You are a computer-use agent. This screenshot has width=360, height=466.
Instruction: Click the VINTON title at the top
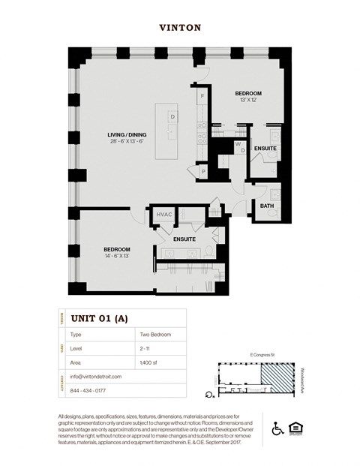(x=179, y=27)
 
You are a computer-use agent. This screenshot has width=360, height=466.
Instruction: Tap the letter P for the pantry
(x=203, y=172)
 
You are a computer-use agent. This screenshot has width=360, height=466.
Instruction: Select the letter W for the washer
(x=237, y=143)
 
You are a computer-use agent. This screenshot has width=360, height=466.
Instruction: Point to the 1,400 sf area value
(x=148, y=362)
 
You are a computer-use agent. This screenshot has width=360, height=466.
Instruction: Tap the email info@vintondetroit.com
(x=98, y=377)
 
